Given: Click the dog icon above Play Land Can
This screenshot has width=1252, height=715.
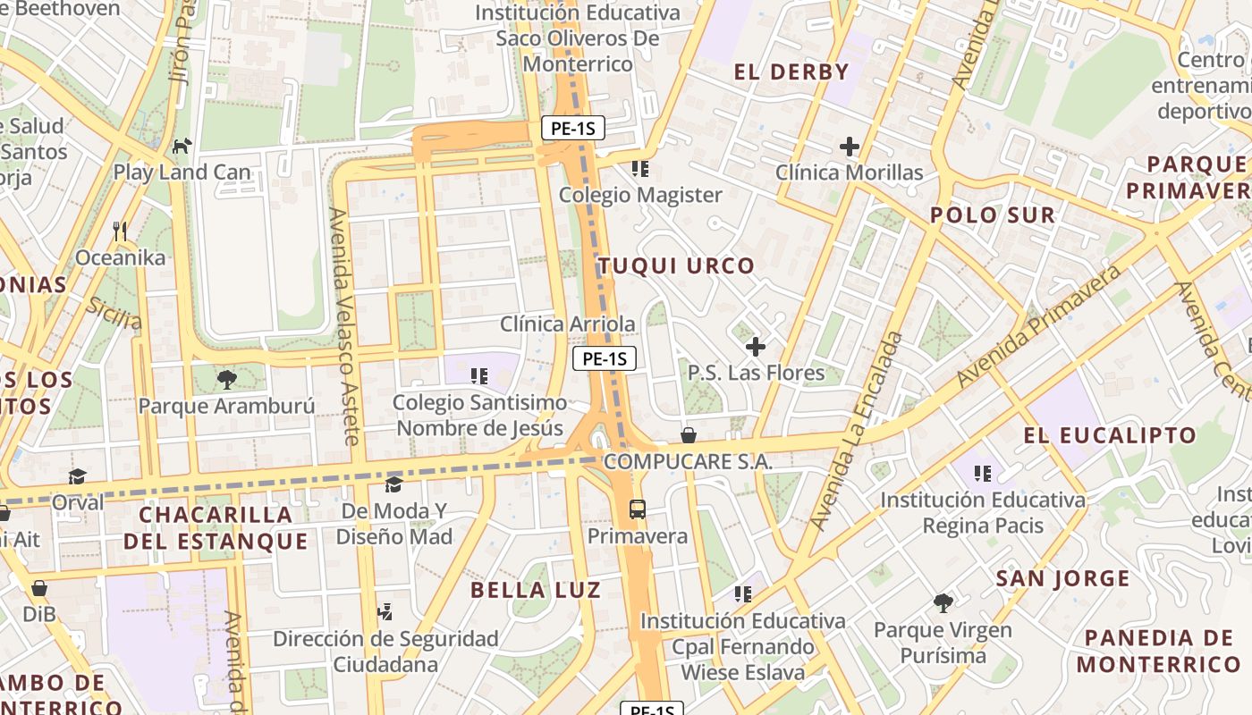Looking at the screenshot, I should [182, 145].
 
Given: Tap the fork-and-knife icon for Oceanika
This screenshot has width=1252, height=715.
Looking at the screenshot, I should [121, 231].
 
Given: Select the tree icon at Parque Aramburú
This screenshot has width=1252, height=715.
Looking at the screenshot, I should [227, 379].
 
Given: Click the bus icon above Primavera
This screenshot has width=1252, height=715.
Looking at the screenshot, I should [637, 510].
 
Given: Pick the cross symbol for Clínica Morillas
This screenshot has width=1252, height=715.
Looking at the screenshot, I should [849, 146].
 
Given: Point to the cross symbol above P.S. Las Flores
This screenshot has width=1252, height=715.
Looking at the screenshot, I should [756, 346].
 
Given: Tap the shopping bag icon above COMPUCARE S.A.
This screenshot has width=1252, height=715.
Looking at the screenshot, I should [689, 435].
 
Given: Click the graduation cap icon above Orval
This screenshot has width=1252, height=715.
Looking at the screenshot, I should [78, 476].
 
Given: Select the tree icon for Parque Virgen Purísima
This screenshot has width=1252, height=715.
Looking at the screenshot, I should [943, 603].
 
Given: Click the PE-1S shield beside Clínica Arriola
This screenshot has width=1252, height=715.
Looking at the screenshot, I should [605, 359].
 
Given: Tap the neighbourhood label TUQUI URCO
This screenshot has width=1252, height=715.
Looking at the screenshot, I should [676, 265].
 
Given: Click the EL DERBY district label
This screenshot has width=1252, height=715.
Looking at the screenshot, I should [791, 72].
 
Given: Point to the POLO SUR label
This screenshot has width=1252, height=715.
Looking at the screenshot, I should [993, 215].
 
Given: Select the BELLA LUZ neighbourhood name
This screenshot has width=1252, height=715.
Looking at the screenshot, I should [536, 590].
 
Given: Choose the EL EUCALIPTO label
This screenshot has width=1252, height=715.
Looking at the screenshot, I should [1110, 436].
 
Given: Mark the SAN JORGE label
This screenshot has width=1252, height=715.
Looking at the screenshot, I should [1063, 579].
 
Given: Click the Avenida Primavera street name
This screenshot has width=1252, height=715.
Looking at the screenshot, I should [1039, 326].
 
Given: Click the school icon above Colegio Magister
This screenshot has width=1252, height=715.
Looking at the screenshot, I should [639, 168].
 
